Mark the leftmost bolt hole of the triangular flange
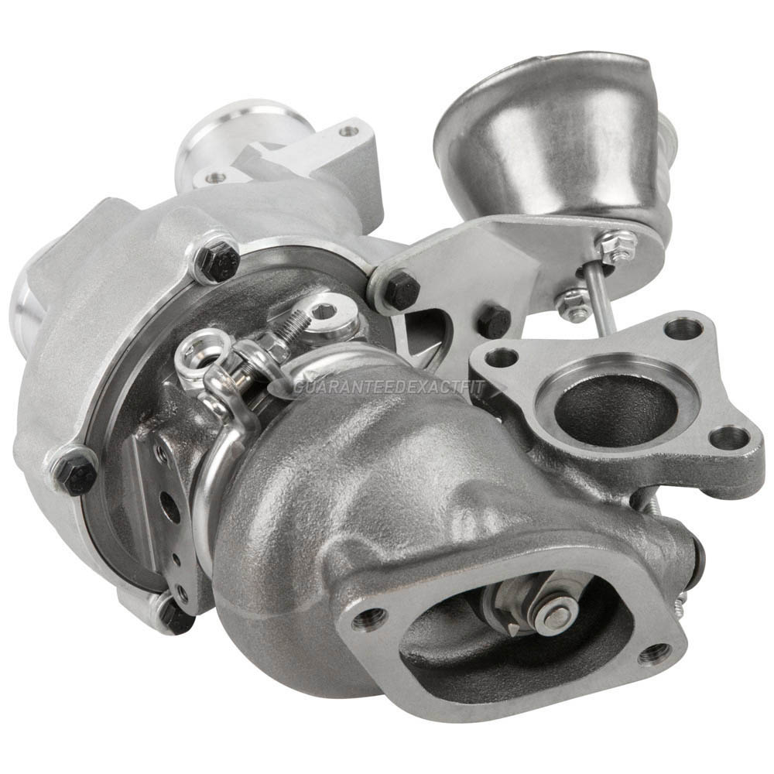503,358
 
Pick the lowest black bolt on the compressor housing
175,615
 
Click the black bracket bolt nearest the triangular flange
492,320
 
